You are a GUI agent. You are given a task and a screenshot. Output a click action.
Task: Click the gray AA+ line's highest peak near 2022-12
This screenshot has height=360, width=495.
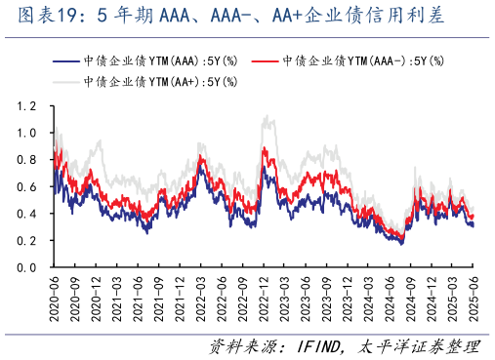[267, 117]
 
